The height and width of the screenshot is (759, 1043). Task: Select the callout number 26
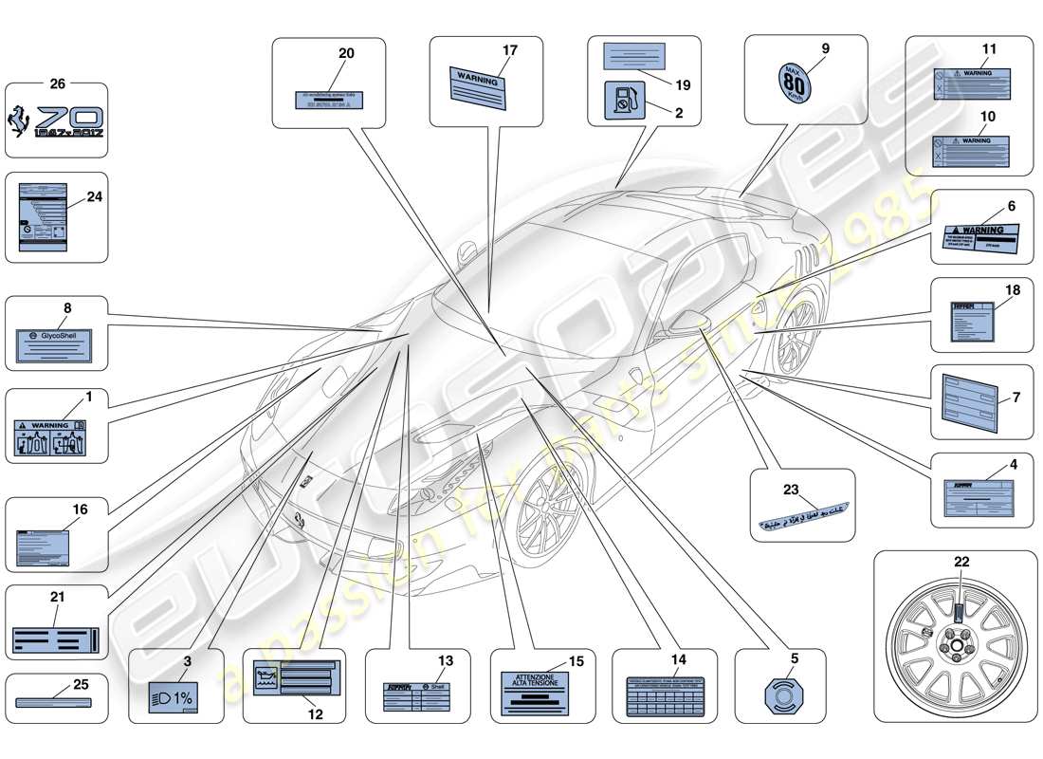57,83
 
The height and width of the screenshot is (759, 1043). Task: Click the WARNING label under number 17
480,89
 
